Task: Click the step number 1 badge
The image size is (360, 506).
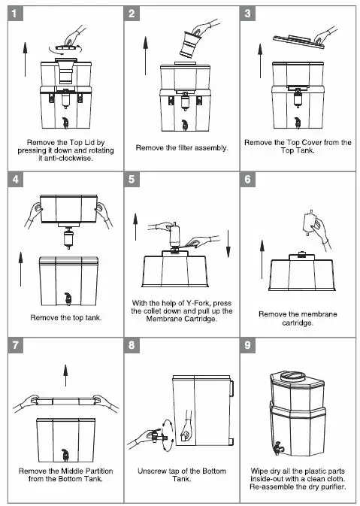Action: (16, 14)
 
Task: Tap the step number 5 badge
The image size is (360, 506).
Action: (132, 179)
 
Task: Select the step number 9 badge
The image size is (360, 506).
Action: (248, 345)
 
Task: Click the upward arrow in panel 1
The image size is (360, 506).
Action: (25, 59)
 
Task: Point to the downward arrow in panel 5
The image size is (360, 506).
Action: (228, 244)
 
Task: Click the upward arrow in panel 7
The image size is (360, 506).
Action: (65, 375)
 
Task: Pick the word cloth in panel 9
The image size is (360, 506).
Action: (336, 479)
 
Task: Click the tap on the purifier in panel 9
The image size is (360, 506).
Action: (278, 448)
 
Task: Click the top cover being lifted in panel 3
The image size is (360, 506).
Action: (298, 42)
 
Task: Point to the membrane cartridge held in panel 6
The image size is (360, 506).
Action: (310, 223)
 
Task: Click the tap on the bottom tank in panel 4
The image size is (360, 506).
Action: (68, 298)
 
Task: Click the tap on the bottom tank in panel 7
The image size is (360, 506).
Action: (65, 455)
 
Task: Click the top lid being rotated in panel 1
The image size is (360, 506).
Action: (67, 47)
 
